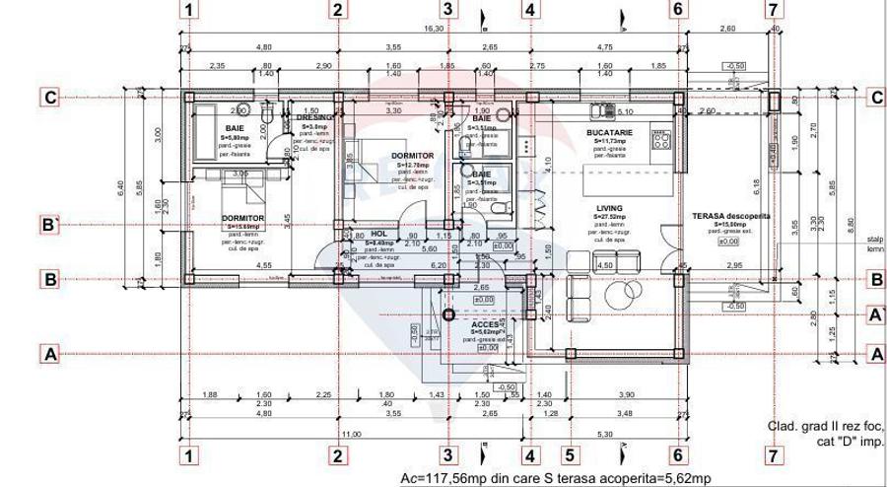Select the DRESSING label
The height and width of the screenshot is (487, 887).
314,117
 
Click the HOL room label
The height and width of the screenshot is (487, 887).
379,235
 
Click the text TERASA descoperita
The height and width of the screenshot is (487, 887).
731,216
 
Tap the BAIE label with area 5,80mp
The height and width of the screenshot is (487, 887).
235,128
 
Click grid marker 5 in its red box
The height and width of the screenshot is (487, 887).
570,455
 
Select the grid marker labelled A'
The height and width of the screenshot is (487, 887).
874,314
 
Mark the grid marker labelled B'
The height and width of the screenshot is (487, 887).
50,225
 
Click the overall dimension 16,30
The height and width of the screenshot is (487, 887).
434,30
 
